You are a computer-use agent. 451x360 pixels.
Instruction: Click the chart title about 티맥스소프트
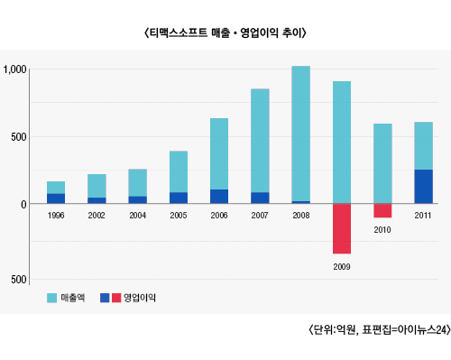click(x=225, y=32)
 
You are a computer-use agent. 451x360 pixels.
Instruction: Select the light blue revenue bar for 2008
click(x=301, y=134)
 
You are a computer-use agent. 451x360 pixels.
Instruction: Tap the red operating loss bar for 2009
click(x=342, y=228)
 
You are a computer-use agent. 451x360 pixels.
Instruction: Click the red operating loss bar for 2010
click(x=382, y=210)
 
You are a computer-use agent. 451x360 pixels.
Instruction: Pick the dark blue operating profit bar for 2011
click(x=423, y=187)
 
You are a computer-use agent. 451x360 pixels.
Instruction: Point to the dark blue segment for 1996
click(x=56, y=198)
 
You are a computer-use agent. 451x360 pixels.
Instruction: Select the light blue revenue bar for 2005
click(x=179, y=171)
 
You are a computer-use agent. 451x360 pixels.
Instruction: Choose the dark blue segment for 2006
click(x=219, y=197)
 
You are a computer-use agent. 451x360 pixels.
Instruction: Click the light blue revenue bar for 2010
click(x=382, y=163)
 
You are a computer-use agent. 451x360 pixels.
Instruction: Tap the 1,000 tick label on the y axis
click(x=14, y=69)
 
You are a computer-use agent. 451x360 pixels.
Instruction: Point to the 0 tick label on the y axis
click(x=23, y=205)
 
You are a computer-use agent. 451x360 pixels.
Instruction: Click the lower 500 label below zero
click(x=19, y=280)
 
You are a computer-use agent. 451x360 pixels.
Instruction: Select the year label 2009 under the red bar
click(x=342, y=267)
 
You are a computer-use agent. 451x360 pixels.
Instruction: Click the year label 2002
click(x=97, y=216)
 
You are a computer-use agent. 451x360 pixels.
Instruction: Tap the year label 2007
click(x=260, y=216)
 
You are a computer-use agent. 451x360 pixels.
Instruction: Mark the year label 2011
click(x=423, y=216)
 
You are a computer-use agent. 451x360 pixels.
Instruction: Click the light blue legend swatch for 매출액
click(x=51, y=298)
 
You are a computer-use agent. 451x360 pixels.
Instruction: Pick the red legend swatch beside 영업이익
click(x=116, y=298)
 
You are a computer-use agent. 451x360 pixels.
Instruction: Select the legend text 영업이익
click(x=140, y=298)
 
